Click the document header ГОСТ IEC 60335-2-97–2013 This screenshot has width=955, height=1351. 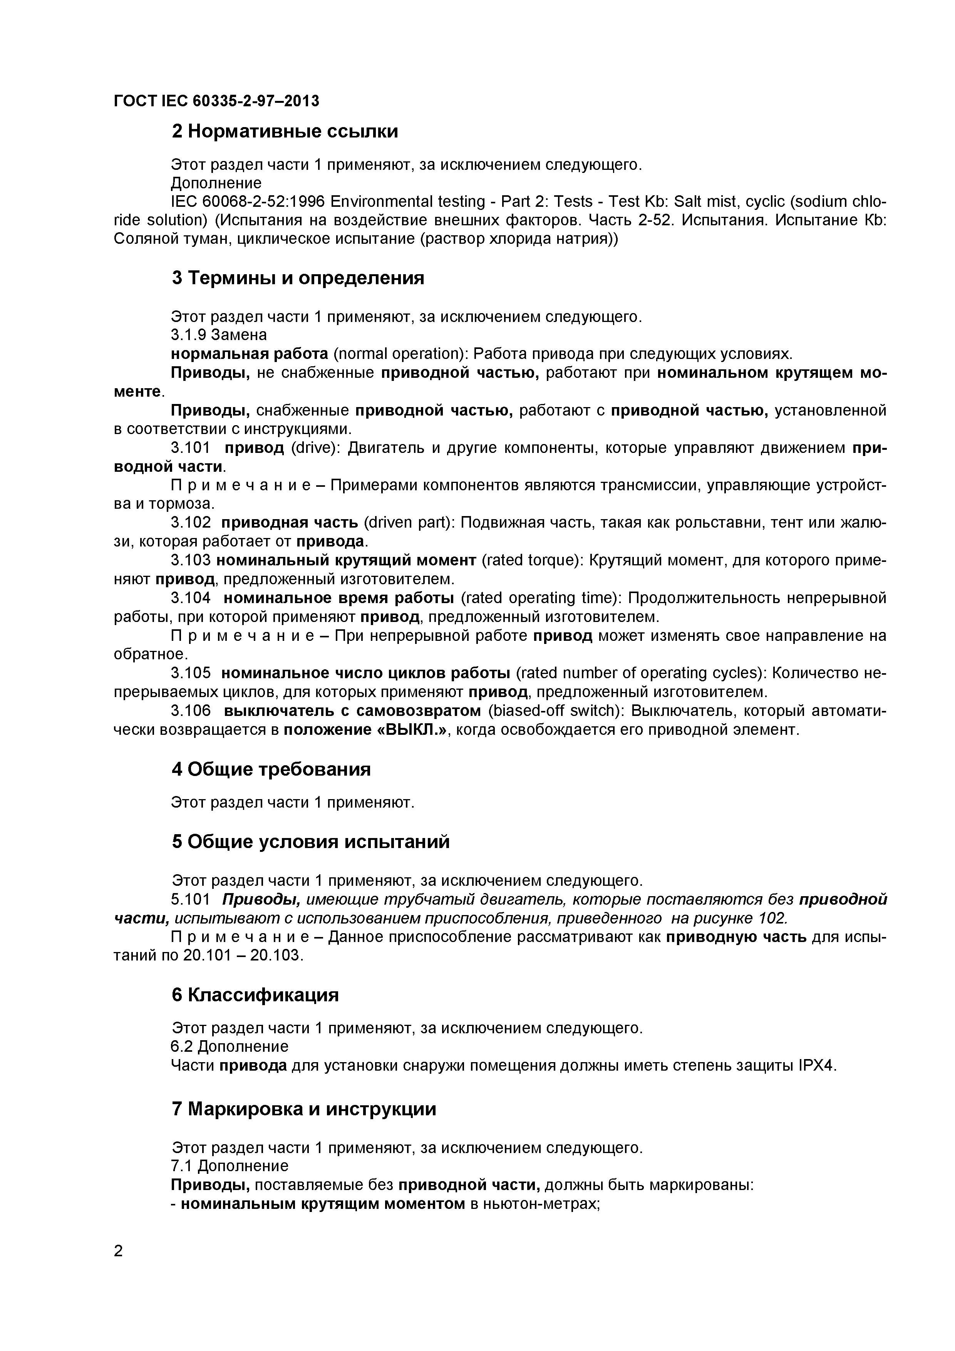point(216,101)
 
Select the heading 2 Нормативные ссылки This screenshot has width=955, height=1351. point(285,131)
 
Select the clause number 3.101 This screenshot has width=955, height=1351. point(191,448)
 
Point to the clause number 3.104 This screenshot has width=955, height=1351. point(191,598)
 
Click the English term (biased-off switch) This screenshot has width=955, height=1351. point(556,711)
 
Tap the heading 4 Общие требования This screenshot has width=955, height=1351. point(271,769)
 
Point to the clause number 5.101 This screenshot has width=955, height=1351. point(191,900)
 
